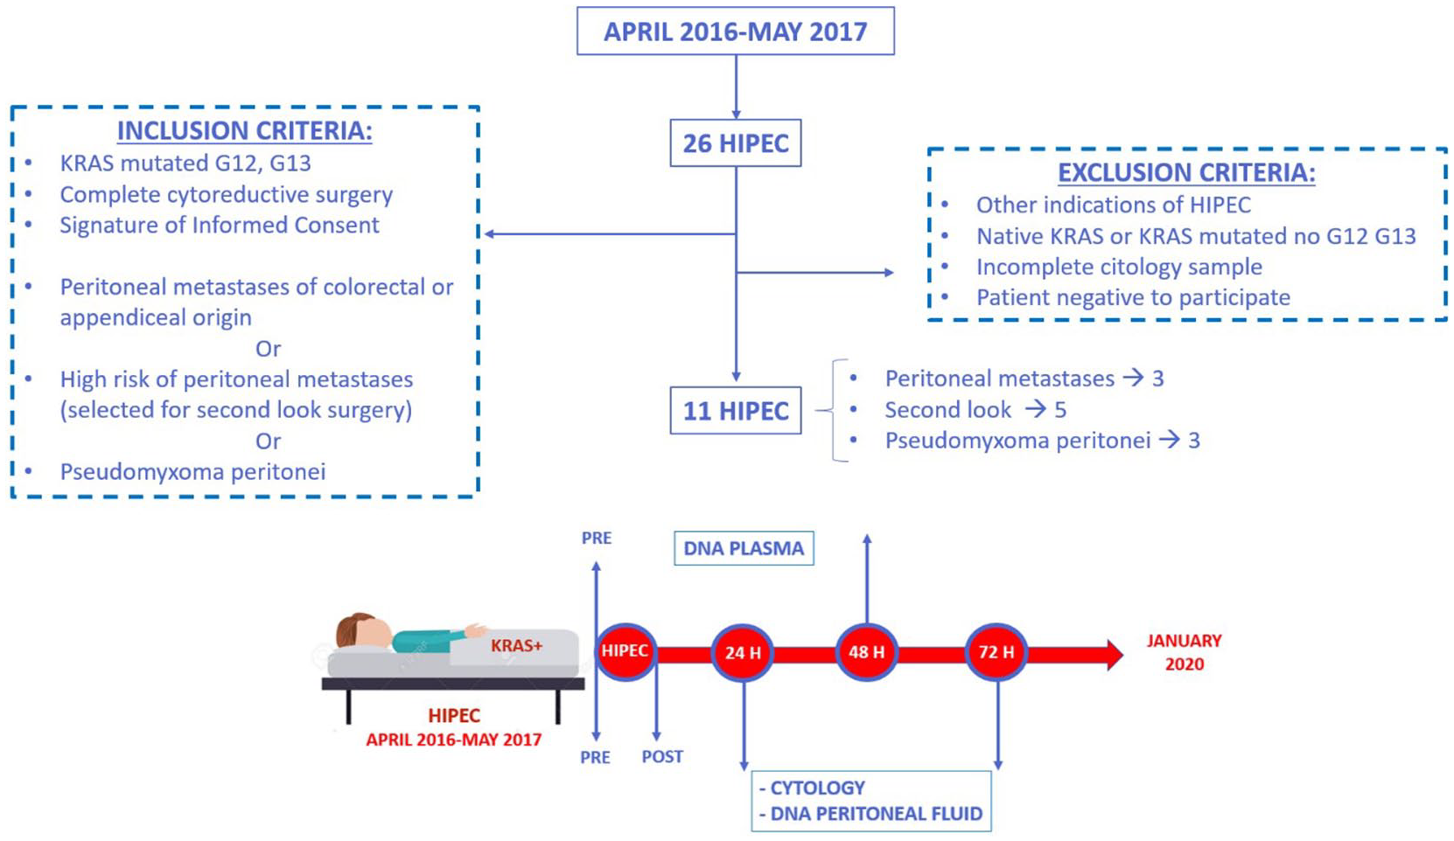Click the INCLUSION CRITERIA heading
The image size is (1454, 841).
click(245, 130)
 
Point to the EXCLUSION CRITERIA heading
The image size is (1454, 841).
click(1186, 172)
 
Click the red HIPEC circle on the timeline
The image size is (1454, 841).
click(626, 651)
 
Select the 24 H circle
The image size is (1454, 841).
click(743, 652)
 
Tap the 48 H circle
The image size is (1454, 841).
click(867, 651)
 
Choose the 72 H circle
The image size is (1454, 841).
click(996, 651)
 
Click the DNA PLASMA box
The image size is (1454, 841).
click(744, 548)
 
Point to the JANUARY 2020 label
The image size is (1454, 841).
click(1184, 652)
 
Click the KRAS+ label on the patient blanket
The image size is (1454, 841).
click(517, 646)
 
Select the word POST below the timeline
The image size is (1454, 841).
click(662, 757)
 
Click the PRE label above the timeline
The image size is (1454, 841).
click(597, 539)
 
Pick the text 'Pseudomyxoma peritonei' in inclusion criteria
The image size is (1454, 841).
click(192, 472)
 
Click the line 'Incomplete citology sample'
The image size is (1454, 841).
click(1119, 267)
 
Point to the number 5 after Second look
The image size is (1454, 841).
click(1060, 410)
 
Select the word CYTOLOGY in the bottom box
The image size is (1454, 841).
click(817, 788)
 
